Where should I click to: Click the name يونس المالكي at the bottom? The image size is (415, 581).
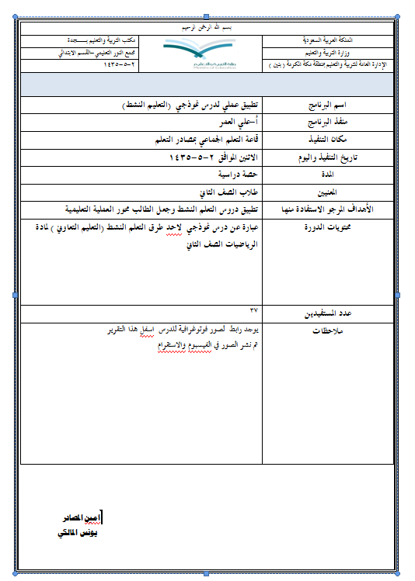[78, 533]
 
